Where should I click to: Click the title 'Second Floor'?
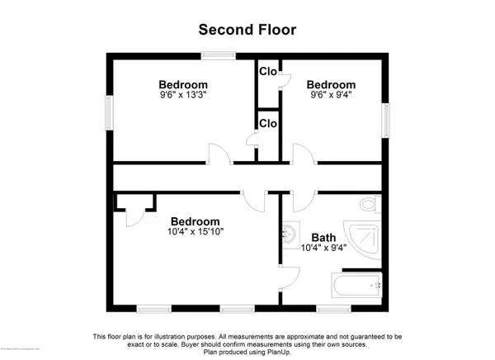coord(247,30)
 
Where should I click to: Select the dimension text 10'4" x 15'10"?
coord(196,233)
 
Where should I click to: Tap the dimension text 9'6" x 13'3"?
coord(183,96)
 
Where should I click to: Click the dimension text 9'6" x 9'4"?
coord(331,96)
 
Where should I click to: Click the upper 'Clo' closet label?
coord(267,71)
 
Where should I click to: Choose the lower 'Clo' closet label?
coord(267,124)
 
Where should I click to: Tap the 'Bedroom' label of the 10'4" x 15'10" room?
coord(196,221)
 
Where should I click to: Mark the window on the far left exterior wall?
coord(109,111)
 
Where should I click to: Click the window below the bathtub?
coord(332,308)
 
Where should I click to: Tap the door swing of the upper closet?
coord(285,79)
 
